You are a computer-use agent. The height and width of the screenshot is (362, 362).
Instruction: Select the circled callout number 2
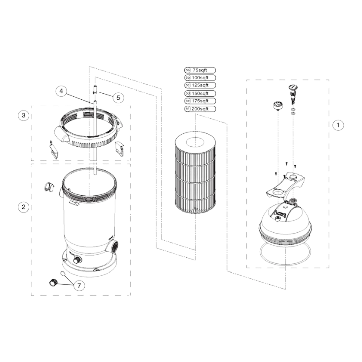(23, 207)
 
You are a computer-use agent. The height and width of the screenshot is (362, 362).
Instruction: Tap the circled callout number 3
(23, 115)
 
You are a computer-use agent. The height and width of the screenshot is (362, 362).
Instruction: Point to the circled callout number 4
(61, 91)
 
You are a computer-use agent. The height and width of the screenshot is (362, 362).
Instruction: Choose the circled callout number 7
(79, 286)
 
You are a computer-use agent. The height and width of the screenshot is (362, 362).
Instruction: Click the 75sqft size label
(200, 70)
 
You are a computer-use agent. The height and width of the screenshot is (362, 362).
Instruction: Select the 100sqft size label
(200, 78)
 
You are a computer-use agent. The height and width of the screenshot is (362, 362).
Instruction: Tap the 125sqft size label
(200, 85)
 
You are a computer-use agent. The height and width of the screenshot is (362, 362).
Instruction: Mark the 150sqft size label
(200, 93)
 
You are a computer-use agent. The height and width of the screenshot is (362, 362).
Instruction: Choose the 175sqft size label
(200, 101)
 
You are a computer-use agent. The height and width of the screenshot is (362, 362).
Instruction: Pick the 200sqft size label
(200, 109)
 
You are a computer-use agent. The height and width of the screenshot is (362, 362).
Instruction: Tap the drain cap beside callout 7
(53, 282)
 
